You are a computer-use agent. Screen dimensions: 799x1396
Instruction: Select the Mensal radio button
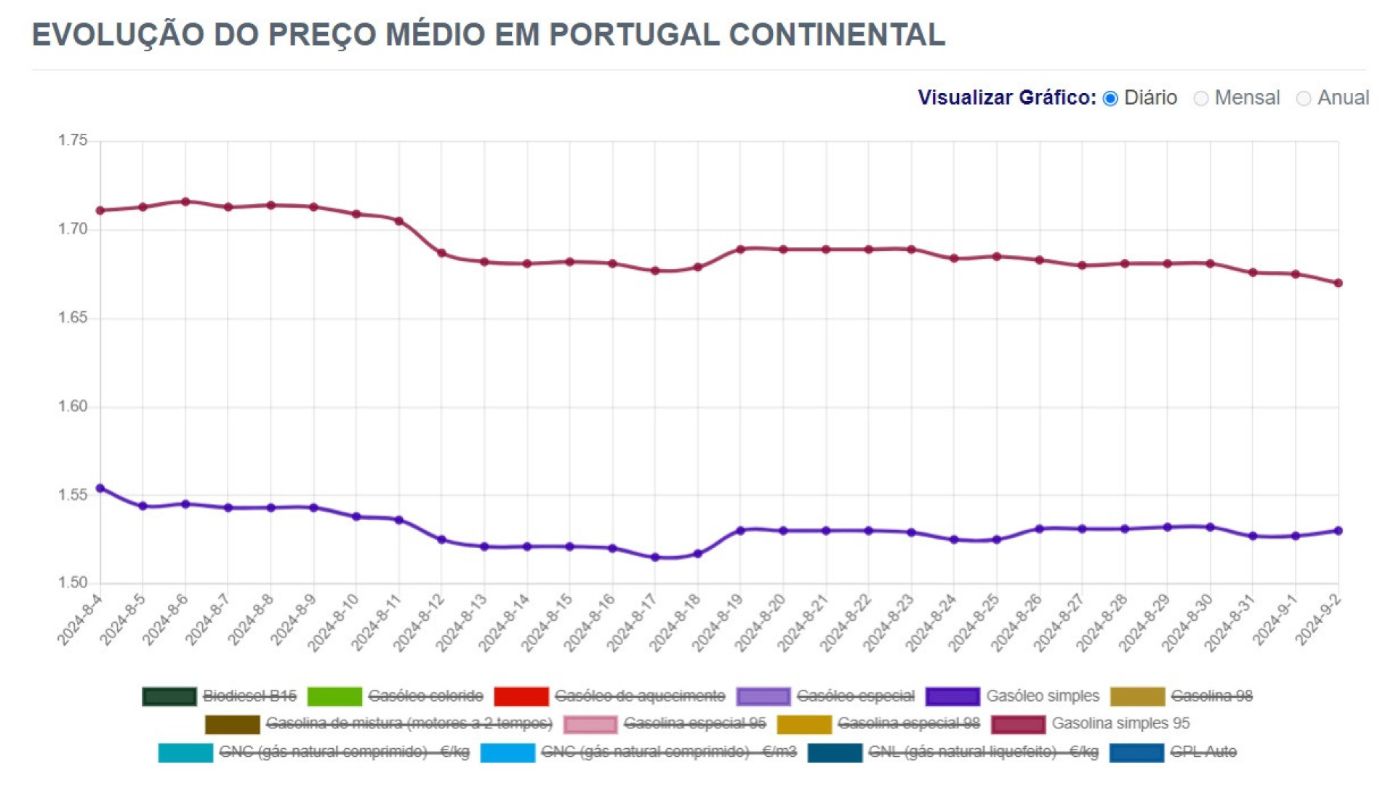tap(1201, 98)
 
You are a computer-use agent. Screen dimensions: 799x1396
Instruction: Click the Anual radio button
tap(1304, 98)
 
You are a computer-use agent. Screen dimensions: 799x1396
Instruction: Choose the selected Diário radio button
tap(1110, 98)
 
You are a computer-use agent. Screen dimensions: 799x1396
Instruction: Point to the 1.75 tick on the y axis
tap(73, 140)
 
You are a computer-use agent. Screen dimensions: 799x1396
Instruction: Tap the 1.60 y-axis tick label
tap(73, 406)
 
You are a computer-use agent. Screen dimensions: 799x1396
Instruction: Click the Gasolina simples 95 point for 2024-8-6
tap(185, 201)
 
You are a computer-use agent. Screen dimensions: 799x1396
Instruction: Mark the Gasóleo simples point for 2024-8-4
tap(100, 489)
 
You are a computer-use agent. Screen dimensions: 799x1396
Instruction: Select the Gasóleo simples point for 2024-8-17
tap(655, 558)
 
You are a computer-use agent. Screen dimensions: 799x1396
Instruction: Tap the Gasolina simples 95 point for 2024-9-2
tap(1339, 283)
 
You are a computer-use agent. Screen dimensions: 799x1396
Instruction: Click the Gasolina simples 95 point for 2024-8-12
tap(441, 253)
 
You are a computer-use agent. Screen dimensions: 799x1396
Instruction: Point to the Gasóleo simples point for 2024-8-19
tap(740, 531)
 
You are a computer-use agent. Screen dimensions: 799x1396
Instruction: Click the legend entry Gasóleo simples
tap(1042, 696)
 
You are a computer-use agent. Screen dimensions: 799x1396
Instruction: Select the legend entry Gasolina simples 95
tap(1120, 723)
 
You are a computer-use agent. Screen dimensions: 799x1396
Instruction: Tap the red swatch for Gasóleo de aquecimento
tap(521, 696)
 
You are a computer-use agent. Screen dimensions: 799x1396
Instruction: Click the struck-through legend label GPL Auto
tap(1203, 752)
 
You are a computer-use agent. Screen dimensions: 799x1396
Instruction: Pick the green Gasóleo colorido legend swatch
tap(334, 696)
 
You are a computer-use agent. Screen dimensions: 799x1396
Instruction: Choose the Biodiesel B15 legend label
tap(249, 696)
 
